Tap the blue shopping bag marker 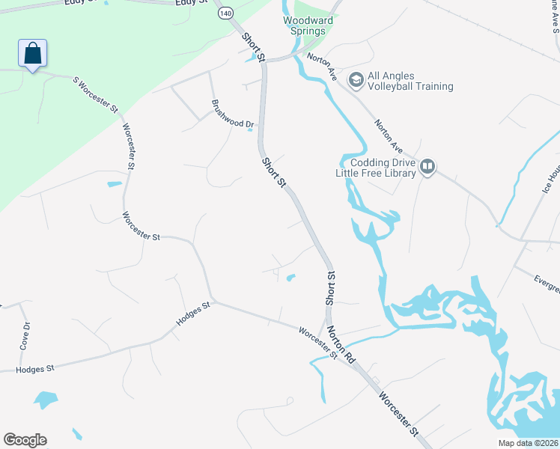tap(32, 54)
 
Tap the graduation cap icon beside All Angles tap(356, 79)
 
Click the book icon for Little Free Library tap(427, 166)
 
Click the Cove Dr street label tap(25, 335)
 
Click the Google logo tap(25, 440)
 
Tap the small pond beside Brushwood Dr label tap(250, 129)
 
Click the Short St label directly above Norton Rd tap(330, 287)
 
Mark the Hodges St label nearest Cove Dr tap(36, 369)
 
